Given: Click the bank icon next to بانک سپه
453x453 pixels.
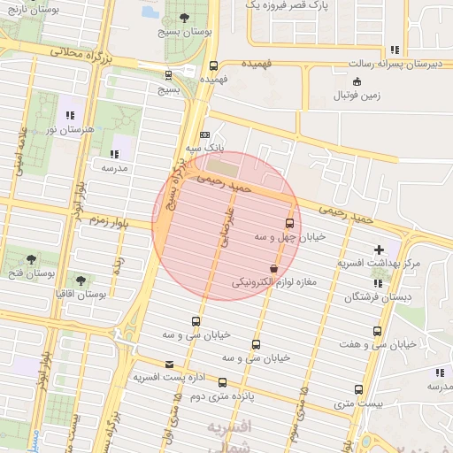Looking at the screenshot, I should tap(205, 134).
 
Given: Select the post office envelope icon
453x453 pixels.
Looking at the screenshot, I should tap(169, 364).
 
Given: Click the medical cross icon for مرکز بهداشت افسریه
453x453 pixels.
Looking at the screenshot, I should tap(380, 250).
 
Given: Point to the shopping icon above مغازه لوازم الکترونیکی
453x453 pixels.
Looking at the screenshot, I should tap(273, 268).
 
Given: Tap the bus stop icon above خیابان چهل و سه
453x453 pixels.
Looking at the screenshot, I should tap(289, 223).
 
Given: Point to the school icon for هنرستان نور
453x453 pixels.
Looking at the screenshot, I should tap(69, 115).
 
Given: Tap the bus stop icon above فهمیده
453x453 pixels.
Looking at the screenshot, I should tap(213, 65).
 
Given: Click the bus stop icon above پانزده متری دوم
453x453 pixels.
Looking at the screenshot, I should tap(222, 383).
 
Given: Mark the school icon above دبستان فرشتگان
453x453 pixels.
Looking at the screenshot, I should tap(378, 283).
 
